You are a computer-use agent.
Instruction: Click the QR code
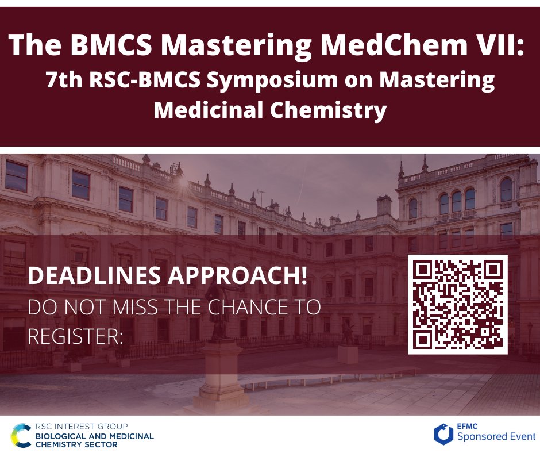pos(458,305)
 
